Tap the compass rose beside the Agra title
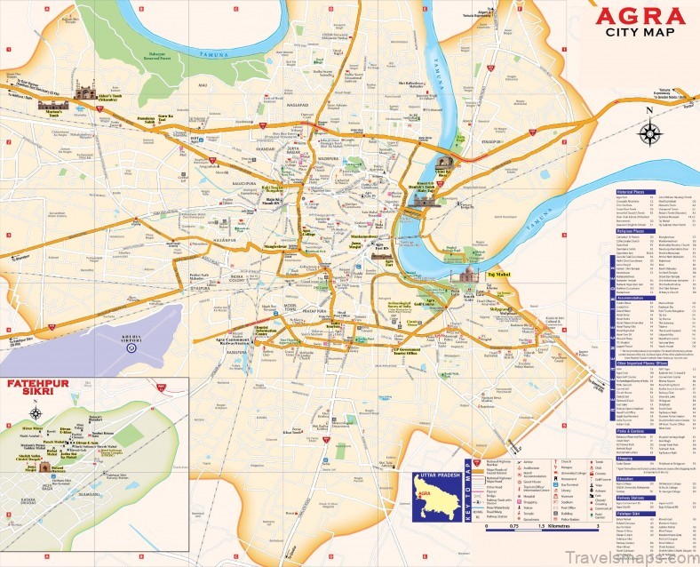tap(652, 133)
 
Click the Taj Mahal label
tap(503, 276)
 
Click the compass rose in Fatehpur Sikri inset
tap(36, 413)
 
